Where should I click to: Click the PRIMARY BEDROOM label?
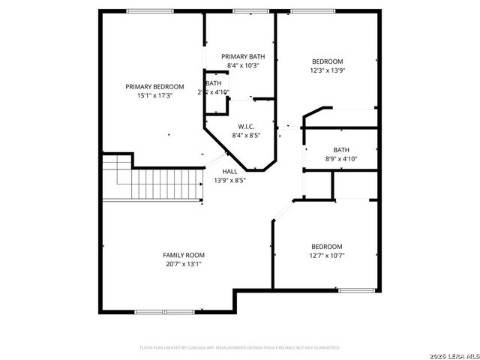click(154, 87)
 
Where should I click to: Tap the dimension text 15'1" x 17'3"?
click(154, 96)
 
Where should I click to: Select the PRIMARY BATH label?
click(242, 57)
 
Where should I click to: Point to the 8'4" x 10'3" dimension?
click(242, 66)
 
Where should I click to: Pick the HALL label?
click(229, 172)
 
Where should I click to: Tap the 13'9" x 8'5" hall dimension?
click(229, 181)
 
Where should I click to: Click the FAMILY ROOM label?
click(184, 255)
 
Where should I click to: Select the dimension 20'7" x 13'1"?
click(184, 264)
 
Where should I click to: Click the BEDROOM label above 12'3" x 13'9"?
click(327, 61)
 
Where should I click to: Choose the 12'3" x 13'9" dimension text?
click(327, 70)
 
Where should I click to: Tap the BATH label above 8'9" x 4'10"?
click(341, 150)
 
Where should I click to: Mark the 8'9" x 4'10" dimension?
click(341, 159)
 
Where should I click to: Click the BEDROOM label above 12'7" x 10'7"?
click(327, 247)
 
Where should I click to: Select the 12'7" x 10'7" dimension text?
click(327, 256)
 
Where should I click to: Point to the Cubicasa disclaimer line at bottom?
click(240, 348)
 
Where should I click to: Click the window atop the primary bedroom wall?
click(145, 11)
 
